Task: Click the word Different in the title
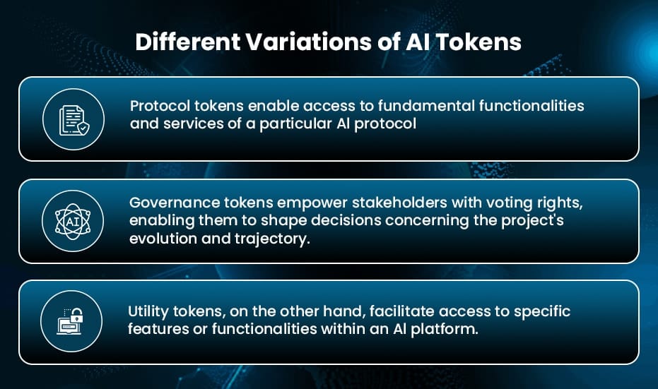[x=187, y=42]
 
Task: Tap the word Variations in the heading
[x=308, y=42]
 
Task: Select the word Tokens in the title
[x=478, y=42]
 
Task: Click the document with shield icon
[x=74, y=120]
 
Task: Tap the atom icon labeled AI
[x=73, y=222]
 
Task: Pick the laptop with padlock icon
[x=71, y=321]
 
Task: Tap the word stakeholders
[x=399, y=203]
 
